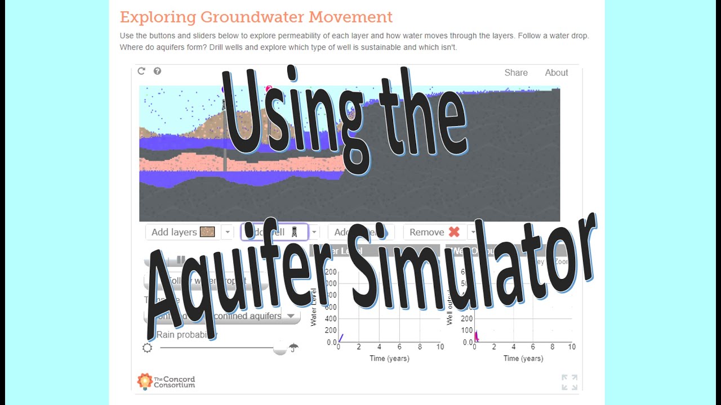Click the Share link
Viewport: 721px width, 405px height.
point(516,73)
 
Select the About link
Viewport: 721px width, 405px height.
point(556,73)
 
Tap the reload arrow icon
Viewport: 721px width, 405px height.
point(141,71)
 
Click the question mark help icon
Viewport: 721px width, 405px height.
point(157,71)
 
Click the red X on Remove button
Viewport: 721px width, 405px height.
point(454,232)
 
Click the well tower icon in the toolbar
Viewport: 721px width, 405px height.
point(294,232)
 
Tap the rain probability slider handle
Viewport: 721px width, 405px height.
point(279,348)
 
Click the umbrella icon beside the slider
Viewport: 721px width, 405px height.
point(293,348)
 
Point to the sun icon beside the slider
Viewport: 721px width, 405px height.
point(148,348)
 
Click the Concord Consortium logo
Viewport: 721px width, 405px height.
point(166,381)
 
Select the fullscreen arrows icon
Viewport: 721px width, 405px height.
point(569,382)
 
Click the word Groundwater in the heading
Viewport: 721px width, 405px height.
point(252,17)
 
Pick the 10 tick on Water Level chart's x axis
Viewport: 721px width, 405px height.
point(440,347)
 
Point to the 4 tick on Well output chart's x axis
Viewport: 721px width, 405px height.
point(513,347)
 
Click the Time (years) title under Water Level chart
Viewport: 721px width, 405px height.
point(389,358)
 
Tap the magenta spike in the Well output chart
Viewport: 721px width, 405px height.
point(475,336)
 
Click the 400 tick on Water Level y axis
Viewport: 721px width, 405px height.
point(331,318)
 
